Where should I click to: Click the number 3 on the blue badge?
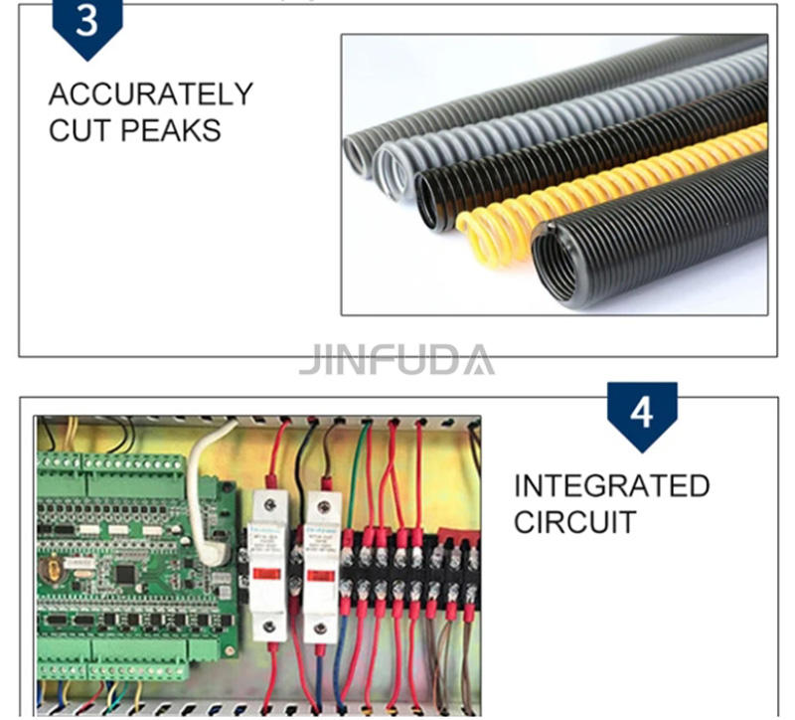(x=87, y=22)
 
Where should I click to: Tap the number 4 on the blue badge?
(x=642, y=411)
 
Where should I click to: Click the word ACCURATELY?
(x=150, y=95)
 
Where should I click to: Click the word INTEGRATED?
(x=611, y=486)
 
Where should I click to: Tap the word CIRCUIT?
(x=573, y=522)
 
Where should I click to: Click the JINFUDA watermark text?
(x=397, y=360)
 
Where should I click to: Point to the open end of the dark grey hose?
(x=356, y=155)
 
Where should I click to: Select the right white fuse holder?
(x=322, y=562)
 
